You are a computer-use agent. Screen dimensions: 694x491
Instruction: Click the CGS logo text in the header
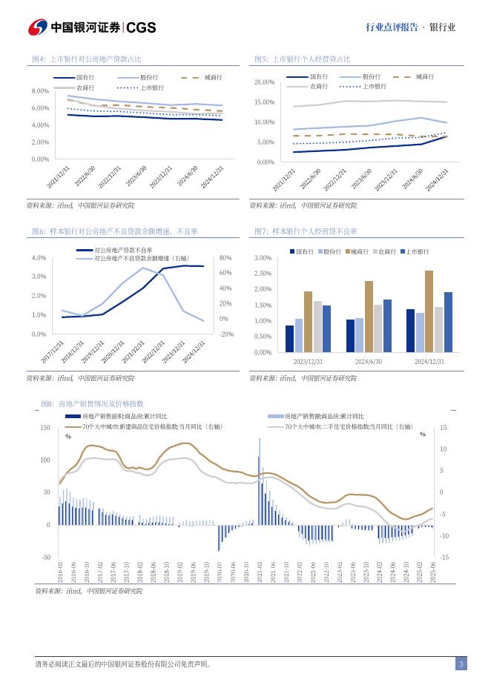click(x=142, y=27)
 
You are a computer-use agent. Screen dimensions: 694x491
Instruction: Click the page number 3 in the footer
click(x=461, y=664)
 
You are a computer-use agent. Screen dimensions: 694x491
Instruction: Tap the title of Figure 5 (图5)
click(x=302, y=59)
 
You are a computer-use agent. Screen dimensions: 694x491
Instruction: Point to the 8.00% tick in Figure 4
click(x=40, y=90)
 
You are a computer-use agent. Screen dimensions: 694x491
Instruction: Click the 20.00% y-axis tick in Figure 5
click(x=264, y=82)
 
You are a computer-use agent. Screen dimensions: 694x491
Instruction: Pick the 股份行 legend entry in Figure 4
click(x=148, y=77)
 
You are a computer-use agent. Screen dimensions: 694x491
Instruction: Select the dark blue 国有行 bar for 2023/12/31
click(x=289, y=338)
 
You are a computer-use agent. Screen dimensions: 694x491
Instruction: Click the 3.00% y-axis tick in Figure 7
click(x=263, y=258)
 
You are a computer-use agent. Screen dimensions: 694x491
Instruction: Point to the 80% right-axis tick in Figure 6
click(x=226, y=258)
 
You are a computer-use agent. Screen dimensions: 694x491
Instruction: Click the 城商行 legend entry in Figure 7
click(x=359, y=252)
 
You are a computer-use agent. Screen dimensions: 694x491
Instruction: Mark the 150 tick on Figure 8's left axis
click(x=44, y=428)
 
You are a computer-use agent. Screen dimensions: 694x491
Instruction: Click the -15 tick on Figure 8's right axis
click(x=444, y=557)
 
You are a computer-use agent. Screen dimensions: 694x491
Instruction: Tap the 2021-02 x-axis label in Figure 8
click(x=260, y=572)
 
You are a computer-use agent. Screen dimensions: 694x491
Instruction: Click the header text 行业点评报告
click(x=390, y=27)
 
